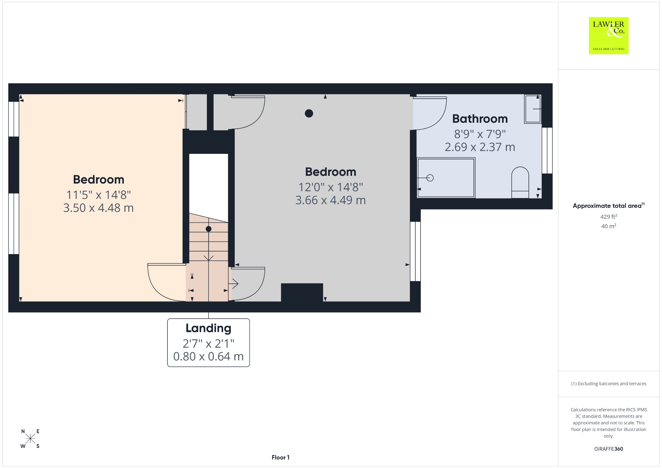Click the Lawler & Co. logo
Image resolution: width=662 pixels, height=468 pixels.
click(609, 36)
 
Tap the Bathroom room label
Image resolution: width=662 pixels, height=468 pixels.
click(480, 119)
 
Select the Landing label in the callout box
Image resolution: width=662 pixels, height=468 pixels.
click(208, 328)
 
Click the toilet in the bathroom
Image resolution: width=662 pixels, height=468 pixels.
click(520, 182)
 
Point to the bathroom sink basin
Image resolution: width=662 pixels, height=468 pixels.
click(533, 109)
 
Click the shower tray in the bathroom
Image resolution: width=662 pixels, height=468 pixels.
click(446, 177)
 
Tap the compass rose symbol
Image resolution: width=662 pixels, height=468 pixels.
click(30, 439)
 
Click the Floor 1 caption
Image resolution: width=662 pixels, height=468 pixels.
click(281, 457)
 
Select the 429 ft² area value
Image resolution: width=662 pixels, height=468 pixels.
click(609, 217)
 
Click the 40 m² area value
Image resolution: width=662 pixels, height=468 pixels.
click(609, 226)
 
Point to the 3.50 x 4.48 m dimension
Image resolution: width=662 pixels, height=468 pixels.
click(99, 207)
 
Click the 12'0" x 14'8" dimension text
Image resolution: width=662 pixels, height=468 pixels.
click(331, 187)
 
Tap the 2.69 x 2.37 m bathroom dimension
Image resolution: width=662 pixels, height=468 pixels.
click(480, 147)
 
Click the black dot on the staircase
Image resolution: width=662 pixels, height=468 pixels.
click(208, 229)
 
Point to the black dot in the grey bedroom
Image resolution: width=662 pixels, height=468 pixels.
click(309, 113)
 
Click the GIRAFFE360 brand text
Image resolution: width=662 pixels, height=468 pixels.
click(609, 449)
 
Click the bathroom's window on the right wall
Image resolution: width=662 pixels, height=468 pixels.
click(547, 150)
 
